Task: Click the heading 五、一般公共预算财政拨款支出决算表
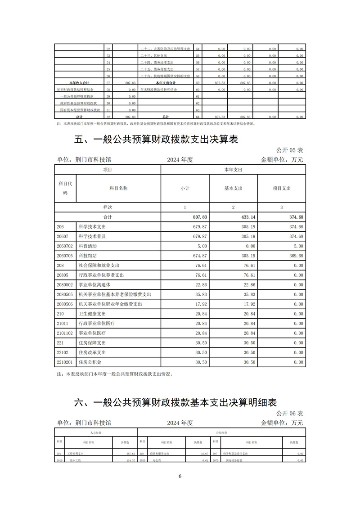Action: [x=156, y=140]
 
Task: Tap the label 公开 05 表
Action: [x=289, y=150]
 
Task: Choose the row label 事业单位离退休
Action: [x=94, y=285]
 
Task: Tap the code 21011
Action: [x=62, y=324]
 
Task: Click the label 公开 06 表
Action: [x=289, y=413]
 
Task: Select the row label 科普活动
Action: [x=88, y=247]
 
